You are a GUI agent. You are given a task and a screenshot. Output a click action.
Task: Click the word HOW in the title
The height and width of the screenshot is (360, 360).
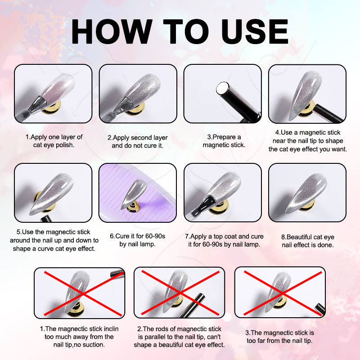(x=112, y=31)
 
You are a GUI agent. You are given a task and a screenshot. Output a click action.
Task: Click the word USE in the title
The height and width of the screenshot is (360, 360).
(x=255, y=31)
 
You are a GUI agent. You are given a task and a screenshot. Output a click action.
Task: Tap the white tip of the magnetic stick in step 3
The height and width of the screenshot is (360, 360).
(x=222, y=88)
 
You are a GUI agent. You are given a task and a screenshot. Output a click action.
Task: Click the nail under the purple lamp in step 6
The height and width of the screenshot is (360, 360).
(x=134, y=193)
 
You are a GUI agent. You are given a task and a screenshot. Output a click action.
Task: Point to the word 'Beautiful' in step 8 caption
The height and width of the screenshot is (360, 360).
(x=303, y=237)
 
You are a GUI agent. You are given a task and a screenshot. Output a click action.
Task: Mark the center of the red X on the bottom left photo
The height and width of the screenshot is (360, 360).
(x=83, y=294)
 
